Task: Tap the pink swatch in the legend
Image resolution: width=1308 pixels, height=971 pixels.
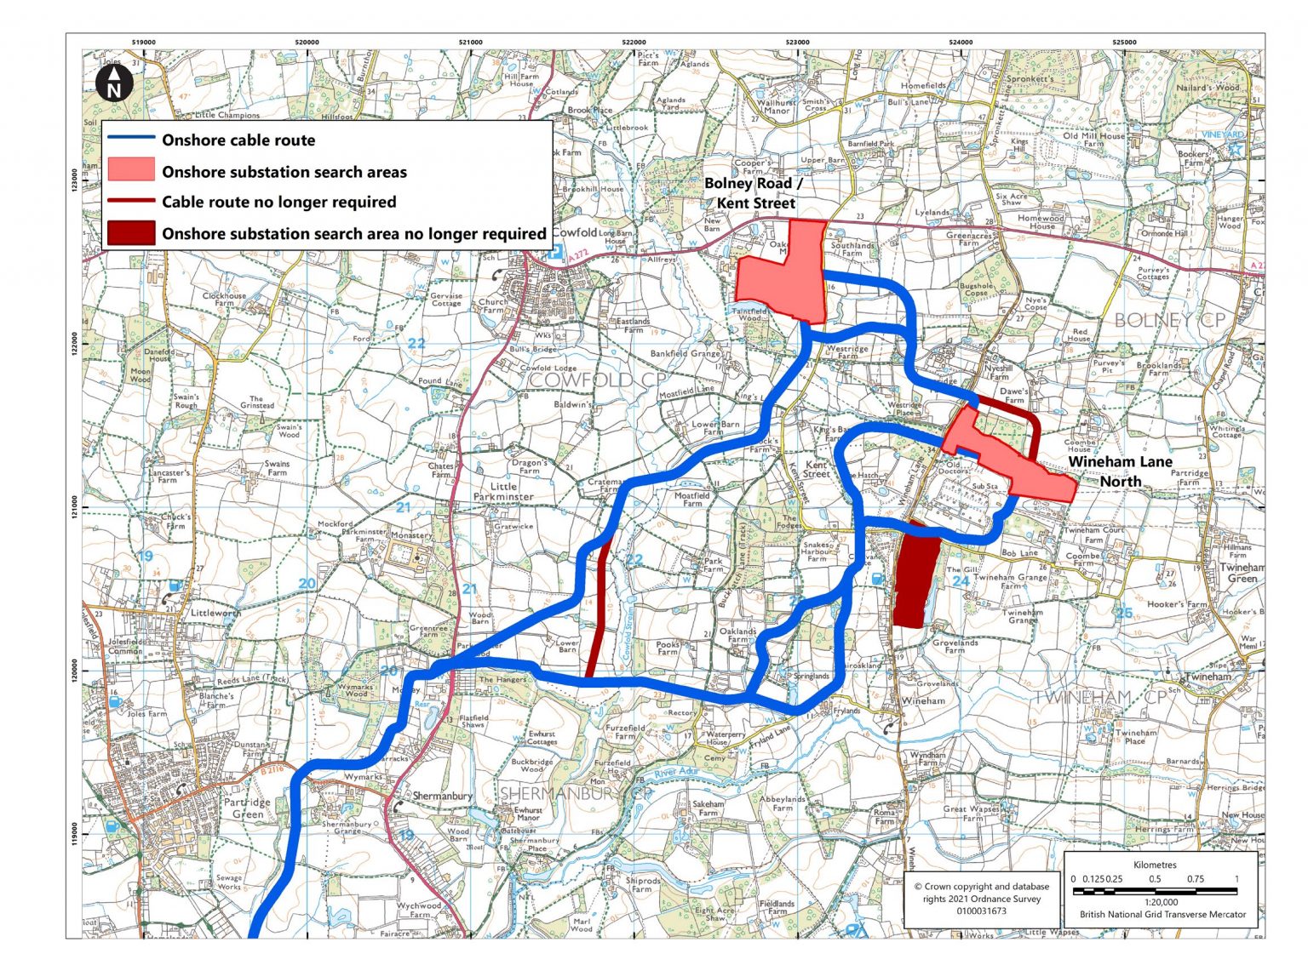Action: pos(131,170)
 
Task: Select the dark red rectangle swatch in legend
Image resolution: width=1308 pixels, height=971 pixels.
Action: pos(131,233)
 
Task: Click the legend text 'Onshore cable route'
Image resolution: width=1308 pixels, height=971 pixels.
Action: pos(238,140)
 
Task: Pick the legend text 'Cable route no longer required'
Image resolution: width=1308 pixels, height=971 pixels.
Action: pos(278,202)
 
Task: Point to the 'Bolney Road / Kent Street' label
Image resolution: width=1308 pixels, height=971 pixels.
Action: pos(754,193)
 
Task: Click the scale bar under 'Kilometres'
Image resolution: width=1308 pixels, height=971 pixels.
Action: pos(1155,891)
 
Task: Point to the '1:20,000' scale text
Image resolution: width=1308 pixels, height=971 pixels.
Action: pos(1162,902)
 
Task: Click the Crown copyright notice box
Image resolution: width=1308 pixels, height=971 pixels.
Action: pos(981,899)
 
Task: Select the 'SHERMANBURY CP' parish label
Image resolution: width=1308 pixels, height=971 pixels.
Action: pos(576,793)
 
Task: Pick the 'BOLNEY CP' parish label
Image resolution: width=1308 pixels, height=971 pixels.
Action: pos(1169,320)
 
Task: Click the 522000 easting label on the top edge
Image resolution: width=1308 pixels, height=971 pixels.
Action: pos(634,42)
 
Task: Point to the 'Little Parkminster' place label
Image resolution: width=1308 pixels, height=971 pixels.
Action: pos(503,491)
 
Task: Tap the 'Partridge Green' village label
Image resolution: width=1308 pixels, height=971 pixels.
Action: pos(248,808)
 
